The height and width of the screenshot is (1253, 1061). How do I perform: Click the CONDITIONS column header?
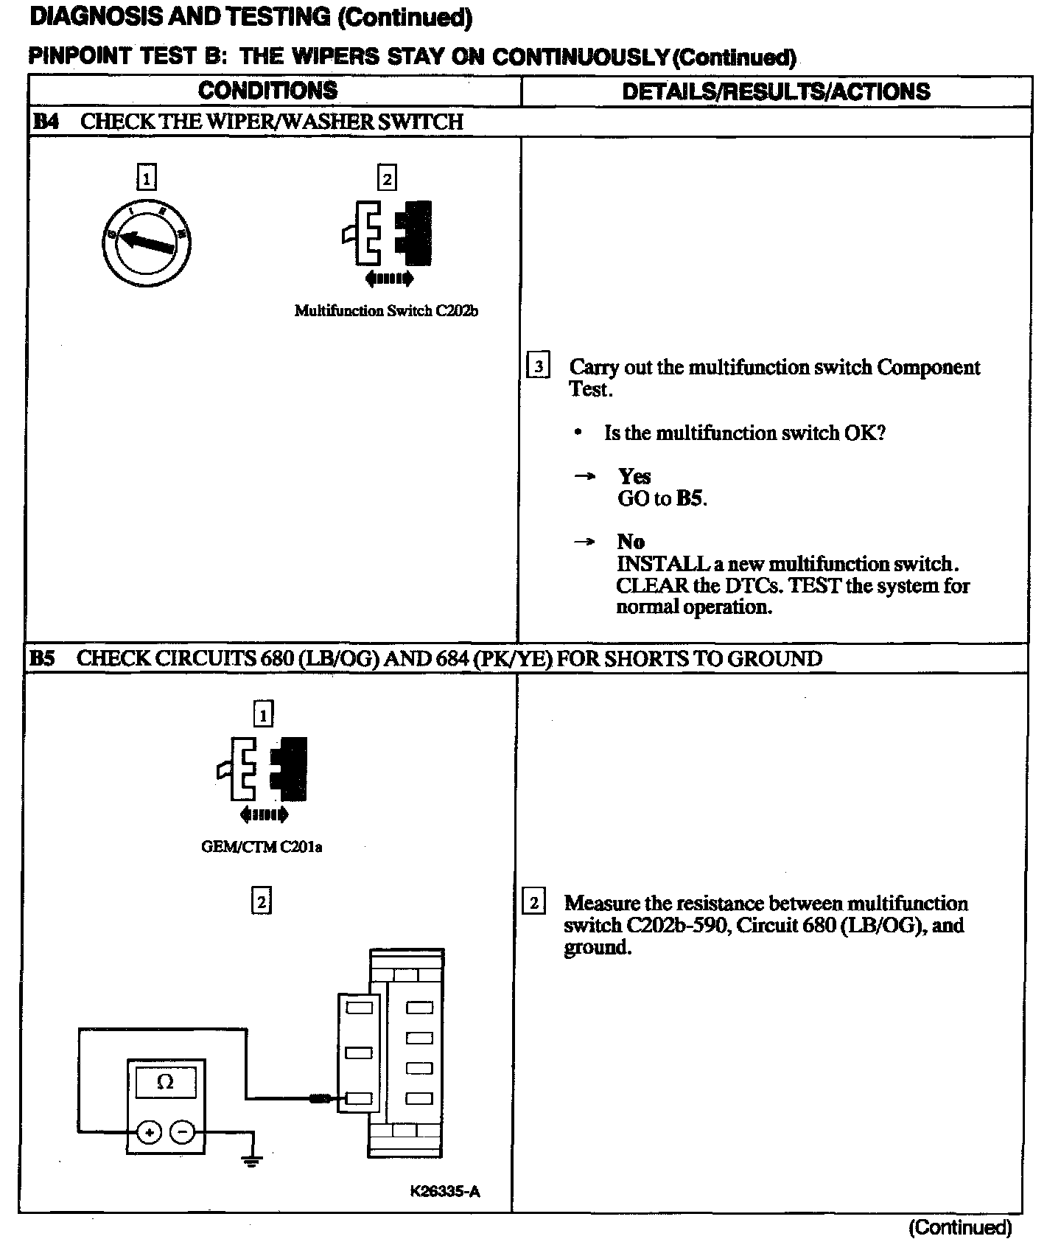click(x=267, y=91)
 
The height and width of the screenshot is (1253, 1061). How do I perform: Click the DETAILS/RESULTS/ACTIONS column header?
click(x=776, y=91)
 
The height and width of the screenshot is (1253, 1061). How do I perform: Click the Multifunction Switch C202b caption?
click(x=386, y=311)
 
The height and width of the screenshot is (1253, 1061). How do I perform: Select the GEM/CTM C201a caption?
click(x=262, y=847)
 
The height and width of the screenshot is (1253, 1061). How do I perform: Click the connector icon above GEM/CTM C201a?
click(x=263, y=770)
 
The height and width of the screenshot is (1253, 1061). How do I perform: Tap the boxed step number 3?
click(x=539, y=366)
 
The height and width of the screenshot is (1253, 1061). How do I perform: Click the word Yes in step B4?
click(x=634, y=476)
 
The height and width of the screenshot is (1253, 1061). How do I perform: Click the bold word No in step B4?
click(x=631, y=542)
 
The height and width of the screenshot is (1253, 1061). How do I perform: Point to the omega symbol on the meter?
click(x=166, y=1082)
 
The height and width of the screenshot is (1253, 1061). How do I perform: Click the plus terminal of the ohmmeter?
click(x=149, y=1132)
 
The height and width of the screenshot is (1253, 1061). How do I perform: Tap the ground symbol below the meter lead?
click(x=252, y=1162)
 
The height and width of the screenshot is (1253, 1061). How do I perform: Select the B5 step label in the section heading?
click(x=43, y=658)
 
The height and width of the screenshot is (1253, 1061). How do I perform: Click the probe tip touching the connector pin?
click(x=321, y=1099)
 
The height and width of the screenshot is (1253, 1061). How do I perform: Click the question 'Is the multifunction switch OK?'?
click(x=744, y=433)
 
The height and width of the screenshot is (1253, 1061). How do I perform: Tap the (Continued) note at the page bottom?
click(x=960, y=1227)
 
